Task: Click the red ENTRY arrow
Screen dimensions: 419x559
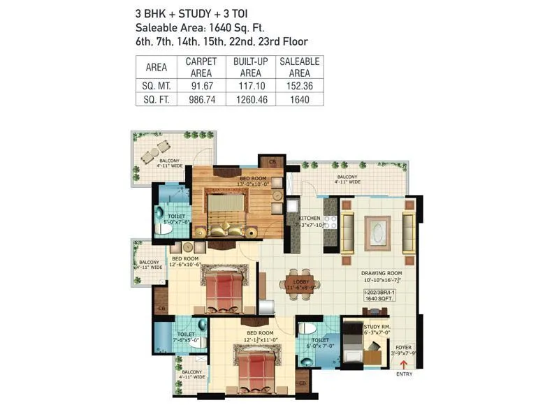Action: point(402,365)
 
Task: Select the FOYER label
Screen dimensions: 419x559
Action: point(404,346)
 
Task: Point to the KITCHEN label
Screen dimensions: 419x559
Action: point(310,219)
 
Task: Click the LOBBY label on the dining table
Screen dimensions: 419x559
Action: point(300,281)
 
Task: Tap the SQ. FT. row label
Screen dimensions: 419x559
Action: point(156,99)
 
